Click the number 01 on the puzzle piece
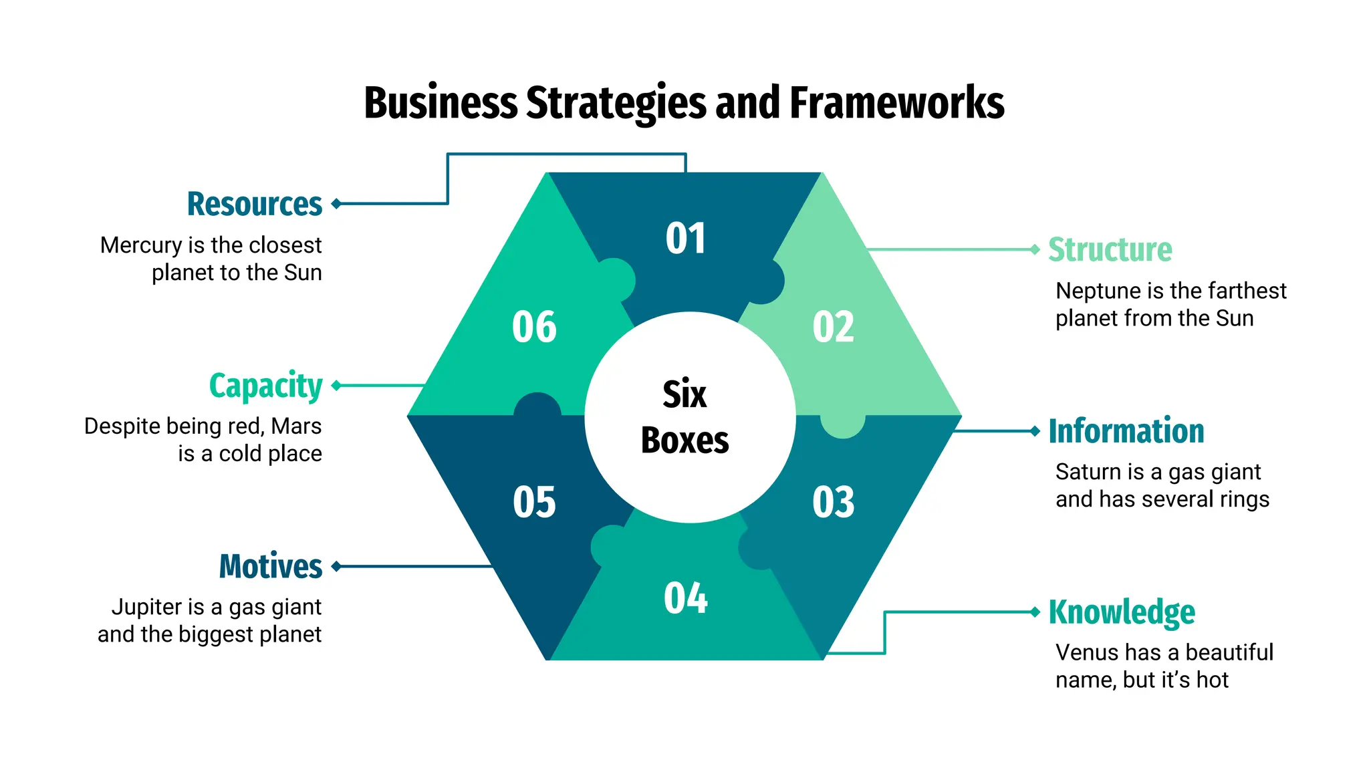click(685, 239)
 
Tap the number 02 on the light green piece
click(833, 328)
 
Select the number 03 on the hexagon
click(833, 502)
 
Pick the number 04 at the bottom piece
click(685, 598)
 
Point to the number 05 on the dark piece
click(534, 502)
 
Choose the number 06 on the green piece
click(534, 328)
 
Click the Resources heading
click(255, 204)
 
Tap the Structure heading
click(1110, 250)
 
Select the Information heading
click(1126, 431)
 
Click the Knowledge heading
click(1122, 612)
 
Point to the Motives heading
click(271, 566)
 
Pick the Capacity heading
click(265, 386)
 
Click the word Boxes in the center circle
click(684, 440)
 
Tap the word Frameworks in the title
click(896, 103)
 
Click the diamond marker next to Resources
click(337, 204)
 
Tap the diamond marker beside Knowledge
click(1035, 612)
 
